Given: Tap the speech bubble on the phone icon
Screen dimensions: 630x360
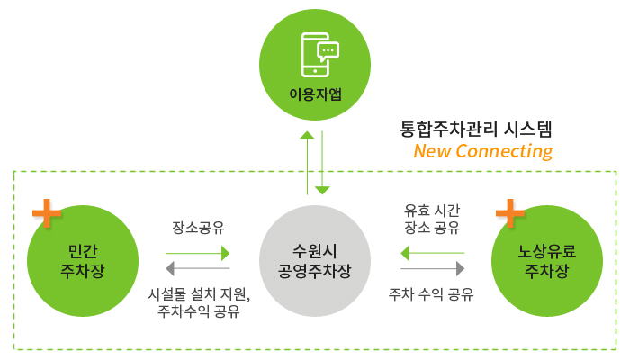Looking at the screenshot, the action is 328,52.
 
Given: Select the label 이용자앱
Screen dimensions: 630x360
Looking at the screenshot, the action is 315,94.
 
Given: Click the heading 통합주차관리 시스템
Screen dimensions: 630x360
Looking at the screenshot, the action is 476,130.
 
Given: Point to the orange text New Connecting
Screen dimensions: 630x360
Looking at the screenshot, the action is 483,151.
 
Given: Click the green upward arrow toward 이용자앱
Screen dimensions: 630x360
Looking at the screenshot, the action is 308,163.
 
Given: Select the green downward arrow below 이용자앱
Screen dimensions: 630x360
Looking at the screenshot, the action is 322,163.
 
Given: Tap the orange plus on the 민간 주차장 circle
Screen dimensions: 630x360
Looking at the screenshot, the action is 47,213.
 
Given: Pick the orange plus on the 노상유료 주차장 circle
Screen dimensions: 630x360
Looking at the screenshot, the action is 510,213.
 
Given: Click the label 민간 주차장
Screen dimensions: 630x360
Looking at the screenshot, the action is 83,261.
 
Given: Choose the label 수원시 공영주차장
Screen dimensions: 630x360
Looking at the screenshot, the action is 315,261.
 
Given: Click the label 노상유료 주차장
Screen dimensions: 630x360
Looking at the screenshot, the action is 547,261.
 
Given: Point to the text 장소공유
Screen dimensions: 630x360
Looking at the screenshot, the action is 198,228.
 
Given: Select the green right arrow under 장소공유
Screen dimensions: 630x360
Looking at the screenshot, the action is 198,254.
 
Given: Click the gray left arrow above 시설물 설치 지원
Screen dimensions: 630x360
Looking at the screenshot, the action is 198,268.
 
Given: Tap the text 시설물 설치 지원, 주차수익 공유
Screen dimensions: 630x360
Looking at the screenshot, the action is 199,302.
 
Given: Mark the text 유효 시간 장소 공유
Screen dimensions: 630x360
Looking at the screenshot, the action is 432,219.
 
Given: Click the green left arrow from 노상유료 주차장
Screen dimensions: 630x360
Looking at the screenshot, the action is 433,253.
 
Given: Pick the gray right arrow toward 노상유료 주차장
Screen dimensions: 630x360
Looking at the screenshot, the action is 433,268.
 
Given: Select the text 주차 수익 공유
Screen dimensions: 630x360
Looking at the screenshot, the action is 431,294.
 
